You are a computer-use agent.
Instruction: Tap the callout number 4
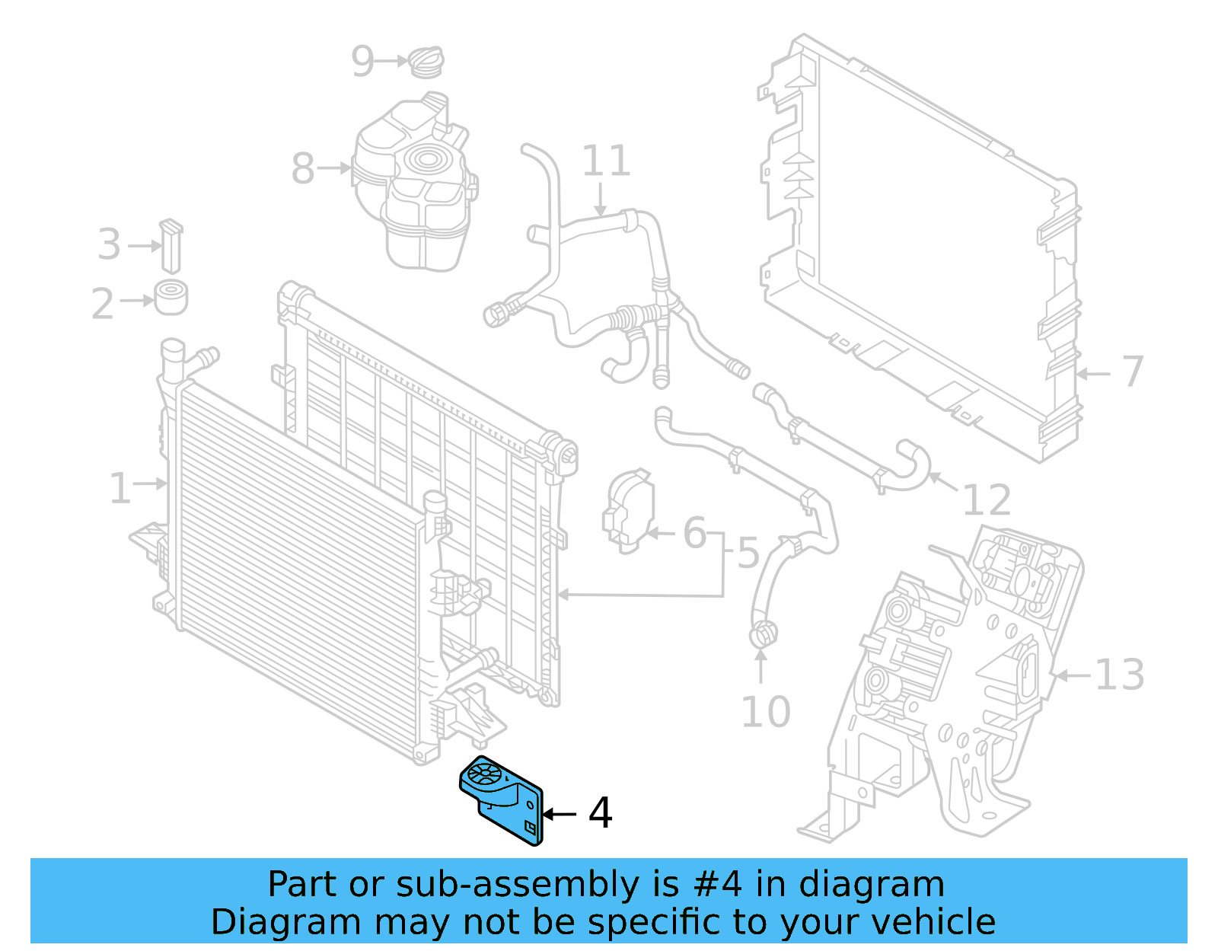point(600,813)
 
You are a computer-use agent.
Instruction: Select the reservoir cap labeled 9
point(427,62)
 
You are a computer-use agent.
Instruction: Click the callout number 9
point(362,61)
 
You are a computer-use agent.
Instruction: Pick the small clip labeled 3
point(171,245)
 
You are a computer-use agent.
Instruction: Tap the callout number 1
point(120,488)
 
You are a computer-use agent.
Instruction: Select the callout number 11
point(606,161)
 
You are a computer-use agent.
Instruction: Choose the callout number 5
point(748,552)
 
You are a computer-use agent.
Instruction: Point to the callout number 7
point(1133,372)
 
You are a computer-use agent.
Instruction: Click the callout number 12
point(987,500)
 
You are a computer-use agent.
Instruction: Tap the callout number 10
point(765,712)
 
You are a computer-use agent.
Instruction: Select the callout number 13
point(1119,675)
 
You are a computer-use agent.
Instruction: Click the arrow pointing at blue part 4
point(560,814)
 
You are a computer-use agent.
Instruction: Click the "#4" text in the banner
point(718,885)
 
